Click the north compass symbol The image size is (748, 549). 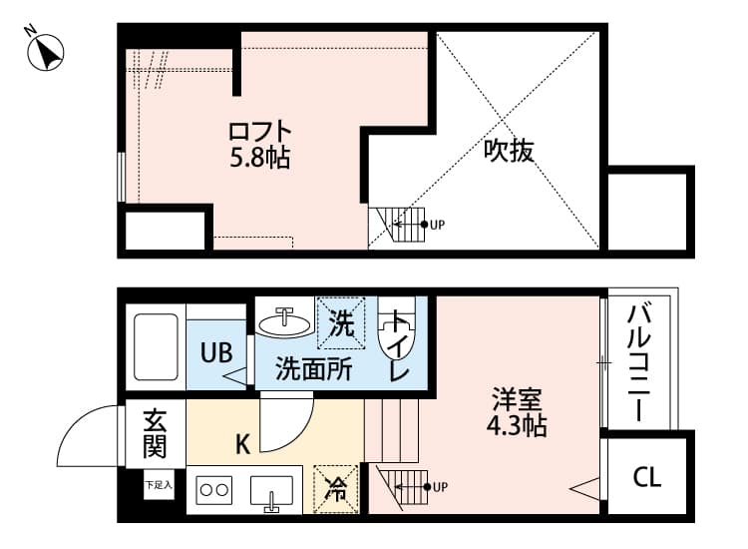pyautogui.click(x=45, y=53)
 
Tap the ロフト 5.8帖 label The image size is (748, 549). pyautogui.click(x=260, y=145)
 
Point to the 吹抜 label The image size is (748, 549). pyautogui.click(x=509, y=151)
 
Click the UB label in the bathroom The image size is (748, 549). pyautogui.click(x=216, y=352)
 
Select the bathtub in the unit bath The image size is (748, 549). pyautogui.click(x=156, y=346)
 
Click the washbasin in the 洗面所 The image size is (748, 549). pyautogui.click(x=285, y=322)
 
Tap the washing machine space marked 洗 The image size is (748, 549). pyautogui.click(x=341, y=322)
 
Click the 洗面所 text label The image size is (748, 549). pyautogui.click(x=313, y=369)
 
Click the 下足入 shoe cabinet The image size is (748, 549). pyautogui.click(x=159, y=485)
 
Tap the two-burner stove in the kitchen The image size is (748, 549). pyautogui.click(x=214, y=490)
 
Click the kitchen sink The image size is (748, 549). pyautogui.click(x=271, y=490)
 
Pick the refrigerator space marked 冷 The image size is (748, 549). pyautogui.click(x=336, y=489)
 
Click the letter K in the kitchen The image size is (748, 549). pyautogui.click(x=242, y=445)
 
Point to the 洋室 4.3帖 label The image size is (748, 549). pyautogui.click(x=517, y=413)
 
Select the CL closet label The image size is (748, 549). pyautogui.click(x=647, y=476)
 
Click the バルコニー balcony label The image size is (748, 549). pyautogui.click(x=638, y=362)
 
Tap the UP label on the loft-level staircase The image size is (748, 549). pyautogui.click(x=437, y=224)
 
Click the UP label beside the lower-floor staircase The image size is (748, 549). pyautogui.click(x=440, y=487)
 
